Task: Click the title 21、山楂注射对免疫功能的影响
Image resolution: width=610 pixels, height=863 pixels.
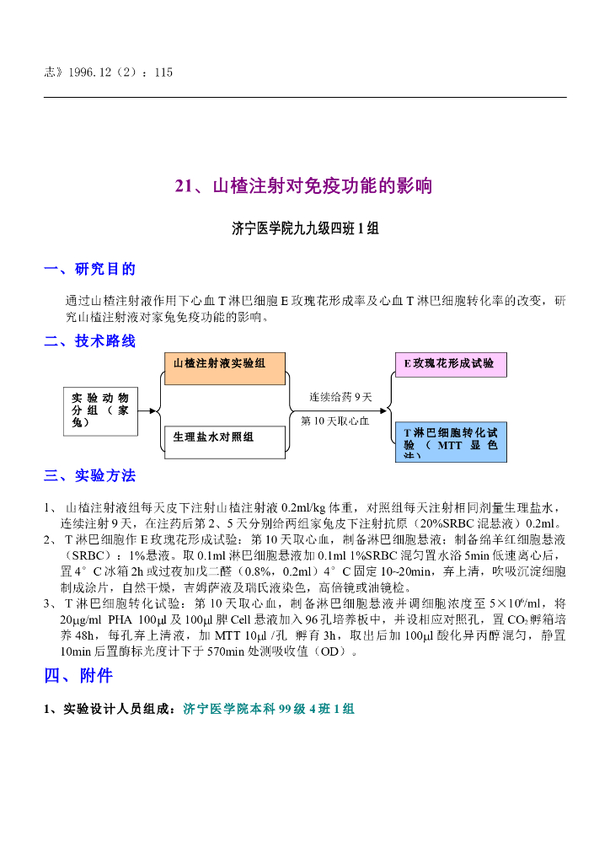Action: [304, 186]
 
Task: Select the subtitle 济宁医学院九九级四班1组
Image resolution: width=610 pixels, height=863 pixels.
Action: [304, 228]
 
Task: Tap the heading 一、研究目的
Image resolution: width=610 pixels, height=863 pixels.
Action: [89, 269]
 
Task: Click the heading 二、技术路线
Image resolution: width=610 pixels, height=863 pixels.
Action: [89, 341]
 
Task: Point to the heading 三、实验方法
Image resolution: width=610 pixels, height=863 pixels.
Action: [89, 475]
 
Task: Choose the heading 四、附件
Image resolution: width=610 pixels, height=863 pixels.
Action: [78, 676]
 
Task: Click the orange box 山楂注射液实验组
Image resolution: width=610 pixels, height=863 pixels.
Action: [224, 368]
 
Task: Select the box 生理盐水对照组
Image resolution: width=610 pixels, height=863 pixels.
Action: [224, 442]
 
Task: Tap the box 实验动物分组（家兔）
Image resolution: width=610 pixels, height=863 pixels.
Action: [100, 410]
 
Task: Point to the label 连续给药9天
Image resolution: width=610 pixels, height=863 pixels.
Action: [340, 396]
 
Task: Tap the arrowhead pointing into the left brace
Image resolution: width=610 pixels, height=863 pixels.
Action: [153, 411]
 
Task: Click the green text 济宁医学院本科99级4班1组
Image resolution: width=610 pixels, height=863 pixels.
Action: [268, 710]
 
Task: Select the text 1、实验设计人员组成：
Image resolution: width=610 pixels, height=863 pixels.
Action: [112, 710]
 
